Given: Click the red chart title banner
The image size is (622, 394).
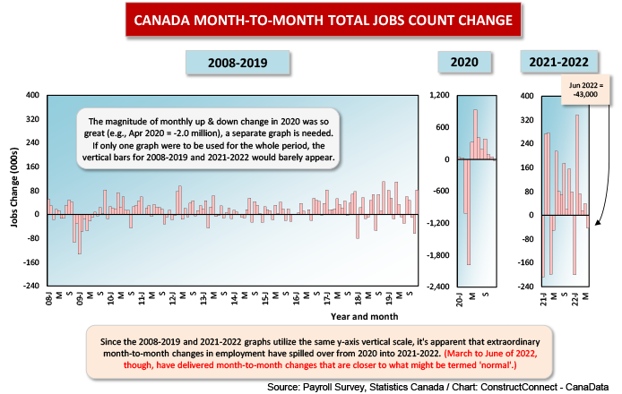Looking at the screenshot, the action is coord(324,20).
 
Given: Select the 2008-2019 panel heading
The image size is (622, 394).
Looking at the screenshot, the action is coord(238,63).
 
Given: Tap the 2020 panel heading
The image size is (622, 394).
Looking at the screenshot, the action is coord(464,62).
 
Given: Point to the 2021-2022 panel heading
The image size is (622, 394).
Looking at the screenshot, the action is coord(558,62).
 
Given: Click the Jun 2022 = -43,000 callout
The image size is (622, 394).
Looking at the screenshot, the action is coord(585,90).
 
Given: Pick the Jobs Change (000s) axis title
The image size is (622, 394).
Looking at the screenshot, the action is coord(14,187).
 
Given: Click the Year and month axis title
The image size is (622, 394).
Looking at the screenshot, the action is coord(364,317).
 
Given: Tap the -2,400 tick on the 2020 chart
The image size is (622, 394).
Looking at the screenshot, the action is coord(438,287).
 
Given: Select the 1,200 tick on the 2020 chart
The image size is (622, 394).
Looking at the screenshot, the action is coord(440,95).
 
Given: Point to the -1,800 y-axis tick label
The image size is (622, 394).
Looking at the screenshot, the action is coord(438,255).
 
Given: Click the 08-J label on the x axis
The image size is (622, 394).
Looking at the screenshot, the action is coord(49,299).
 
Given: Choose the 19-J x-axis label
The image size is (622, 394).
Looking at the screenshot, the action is coord(389,299).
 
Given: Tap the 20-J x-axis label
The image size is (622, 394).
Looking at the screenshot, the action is coord(460,300).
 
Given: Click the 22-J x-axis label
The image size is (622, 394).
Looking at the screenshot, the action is coord(574,300).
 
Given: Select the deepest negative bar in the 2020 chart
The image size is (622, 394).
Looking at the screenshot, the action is coord(469,211).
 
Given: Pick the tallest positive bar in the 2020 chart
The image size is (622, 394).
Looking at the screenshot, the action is coord(475,134).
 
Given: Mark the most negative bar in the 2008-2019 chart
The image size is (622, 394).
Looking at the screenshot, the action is coord(80,234).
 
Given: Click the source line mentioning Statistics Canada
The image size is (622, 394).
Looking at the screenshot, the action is coord(437,387).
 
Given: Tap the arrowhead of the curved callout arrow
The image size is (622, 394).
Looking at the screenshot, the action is coord(598,223).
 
